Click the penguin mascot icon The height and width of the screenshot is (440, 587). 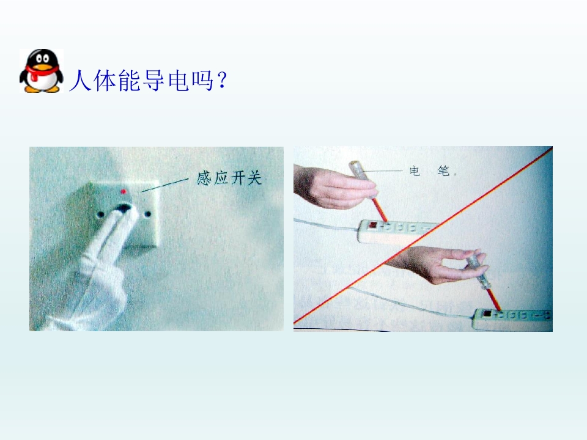[41, 71]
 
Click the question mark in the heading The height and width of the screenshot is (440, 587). [221, 80]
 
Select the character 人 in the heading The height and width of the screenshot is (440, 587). [80, 80]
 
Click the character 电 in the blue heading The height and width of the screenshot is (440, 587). [178, 80]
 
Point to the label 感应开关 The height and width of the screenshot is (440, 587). [229, 178]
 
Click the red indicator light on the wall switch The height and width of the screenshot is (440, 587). [124, 191]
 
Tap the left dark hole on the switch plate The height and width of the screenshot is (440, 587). [100, 215]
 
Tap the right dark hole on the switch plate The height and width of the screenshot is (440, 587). [148, 215]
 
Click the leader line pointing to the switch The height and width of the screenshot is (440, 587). [164, 185]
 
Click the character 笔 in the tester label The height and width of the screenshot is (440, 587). [444, 171]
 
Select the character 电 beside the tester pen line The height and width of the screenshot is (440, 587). [415, 171]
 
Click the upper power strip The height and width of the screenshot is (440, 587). [397, 230]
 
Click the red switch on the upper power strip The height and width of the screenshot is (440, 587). [373, 225]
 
